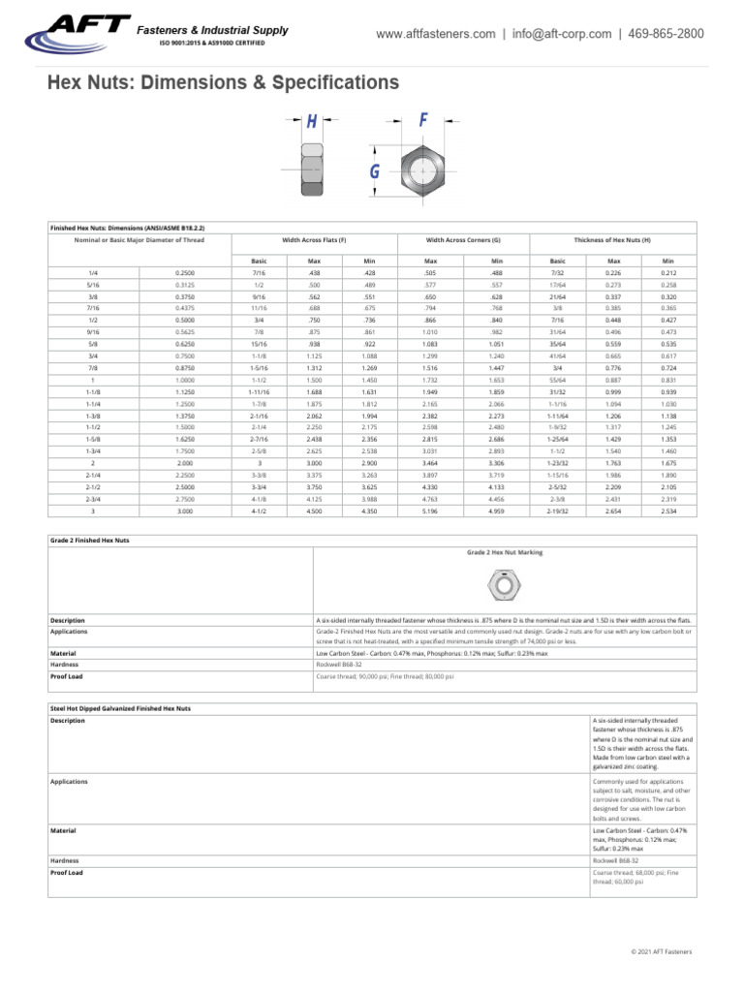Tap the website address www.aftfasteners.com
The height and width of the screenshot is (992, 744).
[435, 34]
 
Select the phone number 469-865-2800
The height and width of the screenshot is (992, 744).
[666, 34]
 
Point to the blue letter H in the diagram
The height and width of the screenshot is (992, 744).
[312, 121]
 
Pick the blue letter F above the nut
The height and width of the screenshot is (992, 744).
[423, 120]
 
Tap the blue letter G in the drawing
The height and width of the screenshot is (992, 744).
[373, 172]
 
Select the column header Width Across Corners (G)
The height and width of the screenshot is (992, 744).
[463, 238]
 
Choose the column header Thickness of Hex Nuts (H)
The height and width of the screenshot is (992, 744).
[612, 238]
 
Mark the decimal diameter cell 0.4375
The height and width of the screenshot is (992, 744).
[184, 307]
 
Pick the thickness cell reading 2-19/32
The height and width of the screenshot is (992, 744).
[557, 509]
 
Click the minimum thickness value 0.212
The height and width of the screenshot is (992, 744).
[667, 273]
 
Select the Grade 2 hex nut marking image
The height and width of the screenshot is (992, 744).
[502, 585]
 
